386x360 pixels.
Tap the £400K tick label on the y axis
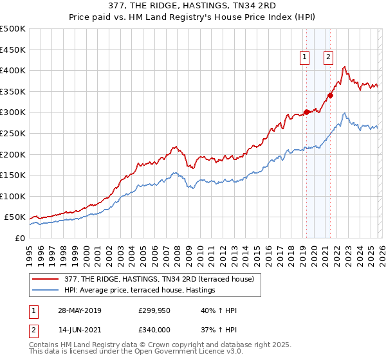(13, 70)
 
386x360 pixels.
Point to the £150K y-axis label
(13, 175)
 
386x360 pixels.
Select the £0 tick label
(19, 238)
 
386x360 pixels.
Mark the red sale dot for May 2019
(306, 112)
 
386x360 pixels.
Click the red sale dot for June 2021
(330, 95)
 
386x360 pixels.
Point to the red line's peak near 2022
(345, 67)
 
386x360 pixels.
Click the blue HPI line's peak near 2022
(345, 113)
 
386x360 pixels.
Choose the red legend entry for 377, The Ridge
(152, 279)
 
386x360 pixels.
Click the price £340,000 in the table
(154, 329)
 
